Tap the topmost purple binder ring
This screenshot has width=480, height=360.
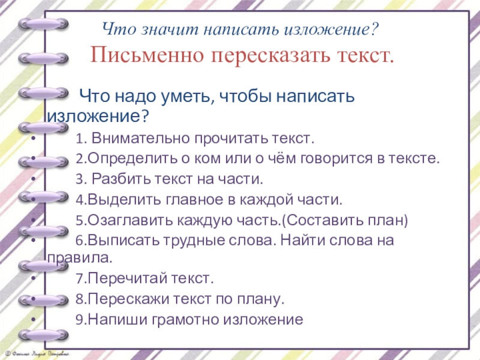(x=44, y=23)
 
